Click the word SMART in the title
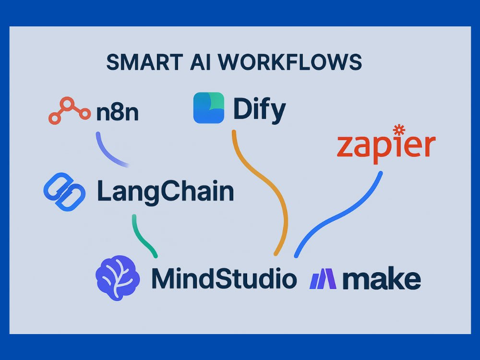coord(144,62)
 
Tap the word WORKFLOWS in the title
coord(289,62)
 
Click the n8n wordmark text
coord(117,113)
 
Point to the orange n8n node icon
coord(70,110)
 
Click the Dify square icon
coord(209,108)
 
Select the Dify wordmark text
coord(260,110)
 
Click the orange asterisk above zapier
coord(399,130)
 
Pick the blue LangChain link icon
coord(65,192)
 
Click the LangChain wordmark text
coord(166,192)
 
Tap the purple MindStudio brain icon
coord(118,278)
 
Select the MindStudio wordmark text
coord(224,278)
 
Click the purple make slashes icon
coord(323,279)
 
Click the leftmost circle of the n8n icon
coord(55,118)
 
